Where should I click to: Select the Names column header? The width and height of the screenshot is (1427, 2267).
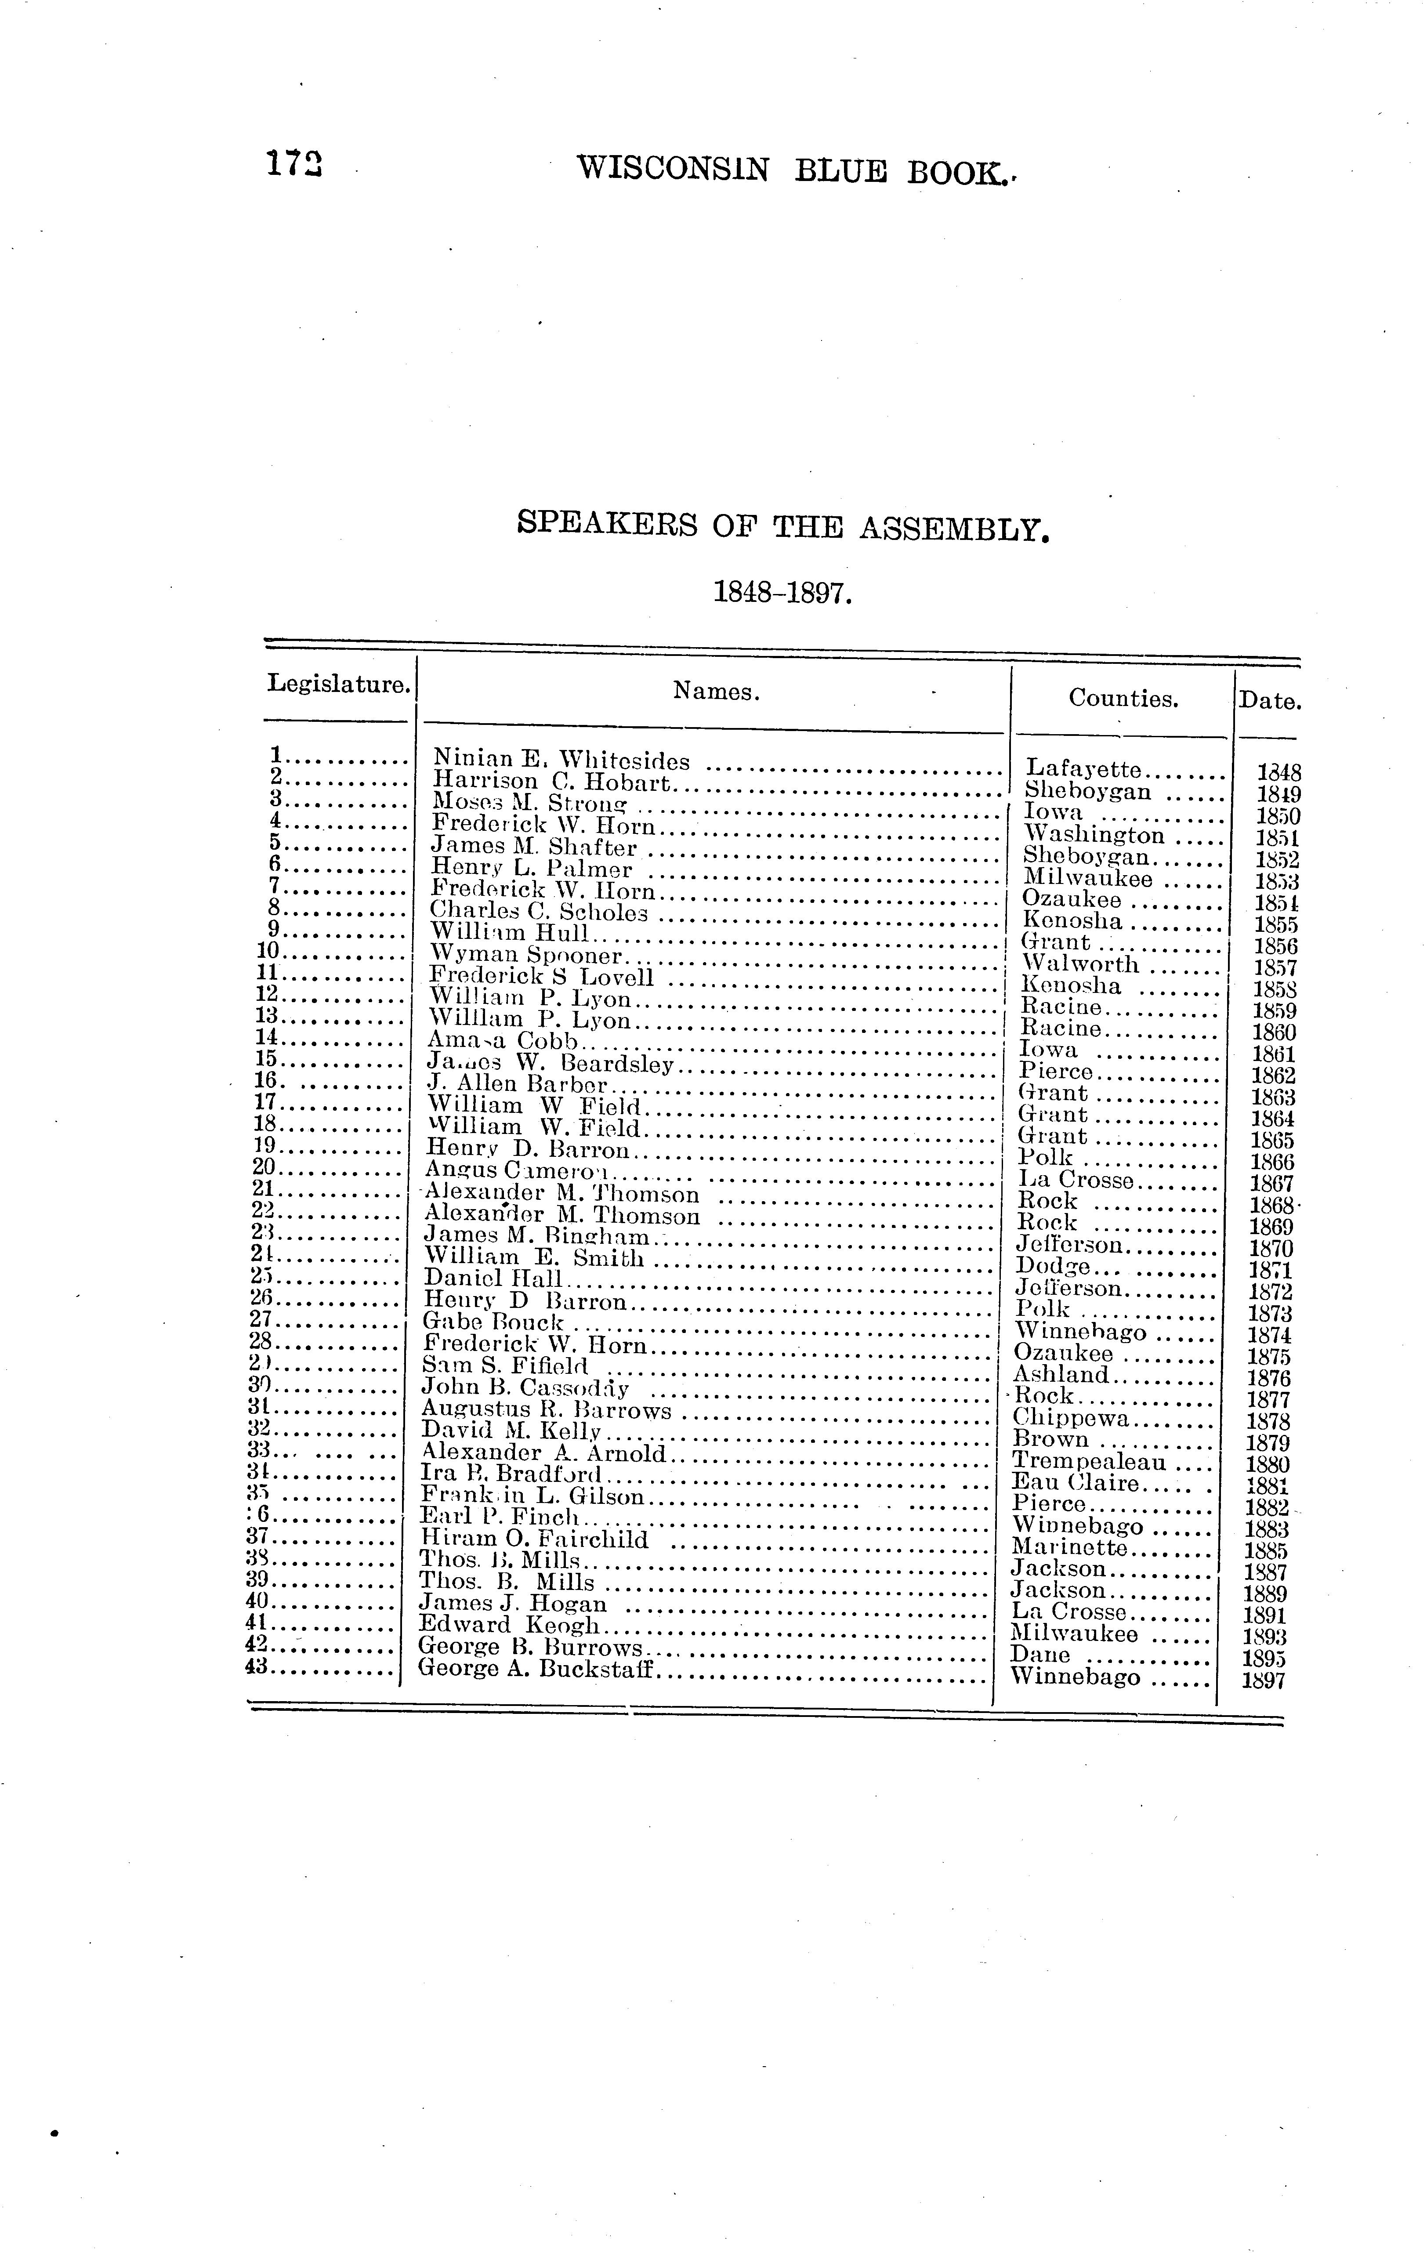click(x=715, y=692)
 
